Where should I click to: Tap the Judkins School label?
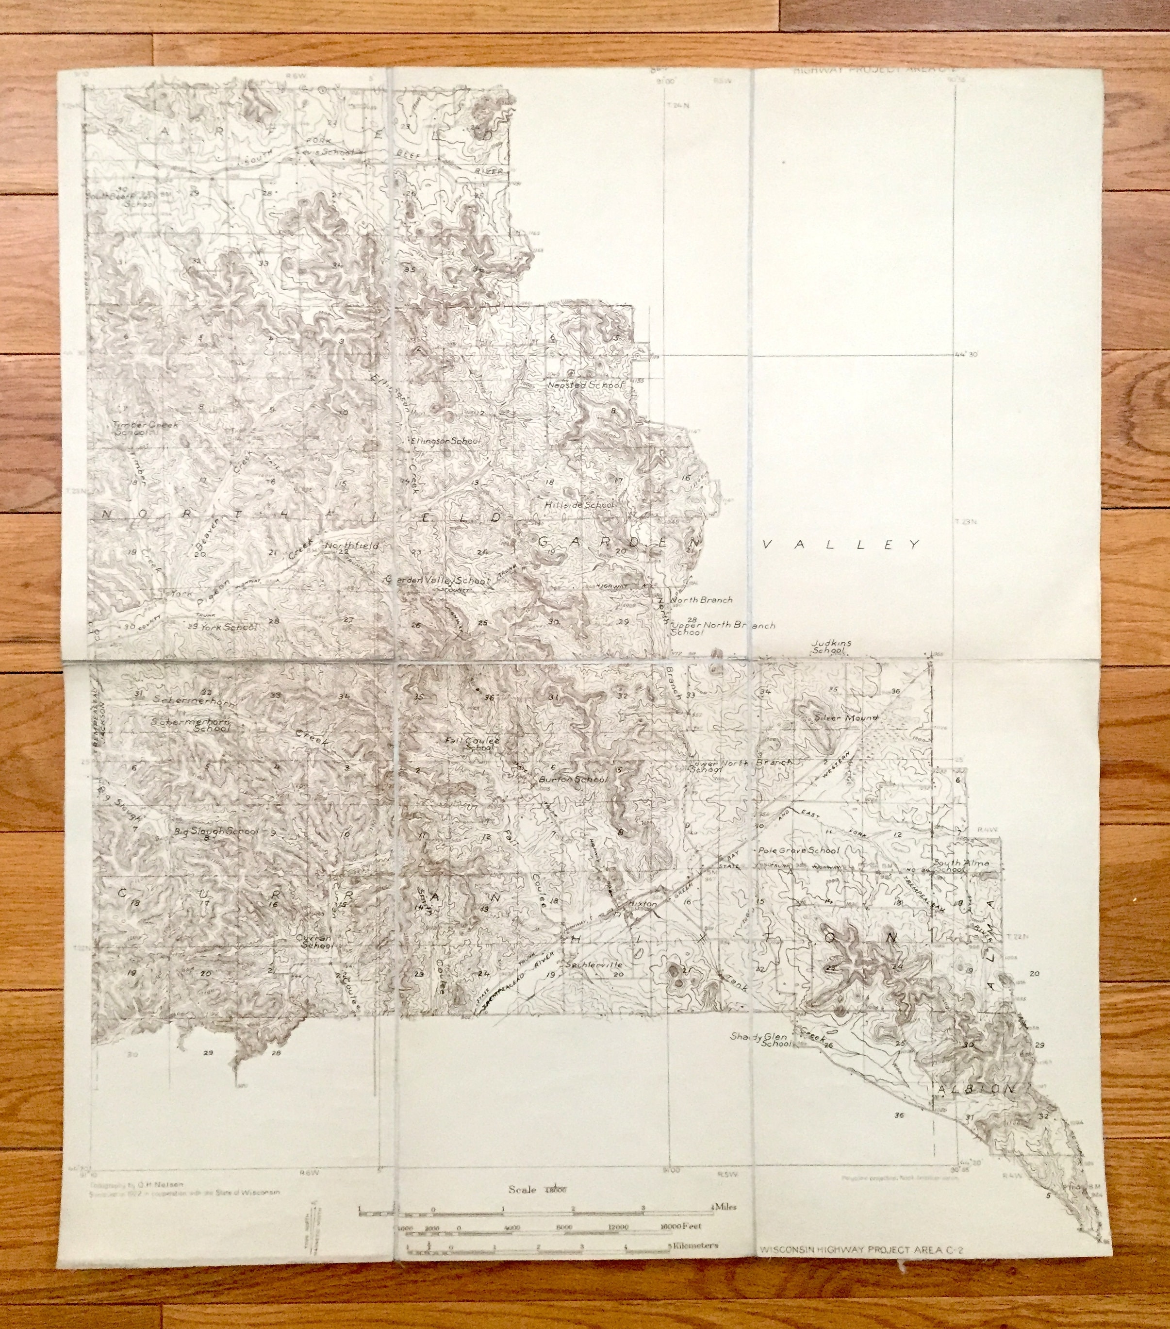(831, 646)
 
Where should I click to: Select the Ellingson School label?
(445, 440)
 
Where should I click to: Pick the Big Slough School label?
(216, 831)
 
